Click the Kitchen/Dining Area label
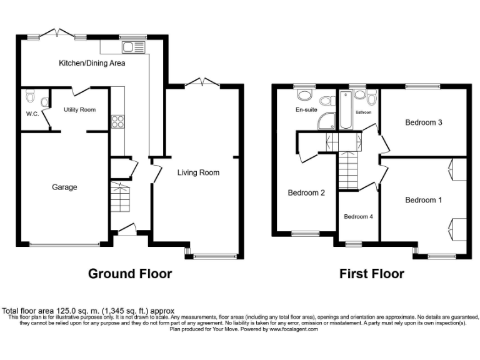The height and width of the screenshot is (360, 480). (x=92, y=63)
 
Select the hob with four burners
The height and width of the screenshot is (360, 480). (x=117, y=121)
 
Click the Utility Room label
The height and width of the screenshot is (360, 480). (x=79, y=109)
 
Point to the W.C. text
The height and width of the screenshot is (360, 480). (x=32, y=114)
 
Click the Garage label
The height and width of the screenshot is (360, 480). (x=64, y=187)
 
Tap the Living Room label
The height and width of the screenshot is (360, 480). (x=198, y=172)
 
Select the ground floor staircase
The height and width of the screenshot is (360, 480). (x=119, y=197)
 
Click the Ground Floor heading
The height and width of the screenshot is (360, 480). (x=130, y=273)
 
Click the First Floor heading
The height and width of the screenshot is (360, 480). (x=371, y=273)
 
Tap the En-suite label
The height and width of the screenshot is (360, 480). (x=307, y=109)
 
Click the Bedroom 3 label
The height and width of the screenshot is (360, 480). (x=424, y=122)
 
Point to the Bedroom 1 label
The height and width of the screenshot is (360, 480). (x=423, y=200)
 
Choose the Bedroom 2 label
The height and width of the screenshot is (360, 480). (x=306, y=192)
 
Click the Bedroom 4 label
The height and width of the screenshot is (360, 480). (x=358, y=217)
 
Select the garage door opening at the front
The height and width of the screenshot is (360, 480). (x=64, y=244)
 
